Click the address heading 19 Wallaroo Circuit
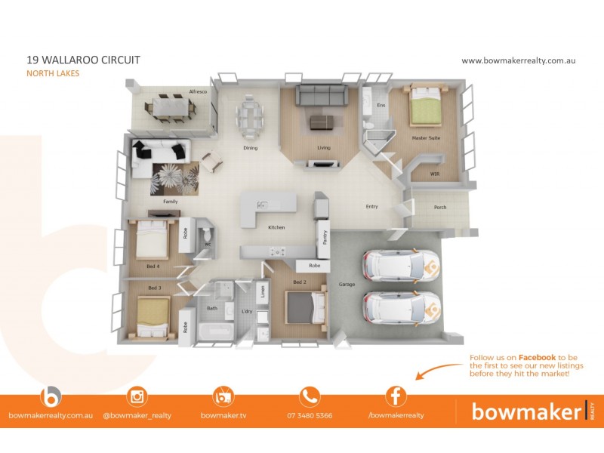click(x=83, y=60)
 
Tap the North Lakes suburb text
click(x=53, y=73)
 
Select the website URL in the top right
click(x=518, y=60)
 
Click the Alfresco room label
click(x=198, y=92)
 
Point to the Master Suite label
click(x=426, y=138)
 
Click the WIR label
click(x=434, y=174)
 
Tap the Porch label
click(x=439, y=208)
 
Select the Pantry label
click(x=325, y=238)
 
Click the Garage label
click(x=347, y=285)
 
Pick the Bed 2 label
click(x=300, y=282)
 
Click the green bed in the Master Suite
click(x=425, y=109)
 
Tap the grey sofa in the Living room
click(x=321, y=95)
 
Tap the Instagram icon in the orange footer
click(x=137, y=396)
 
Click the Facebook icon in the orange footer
click(x=396, y=396)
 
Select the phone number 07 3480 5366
click(x=310, y=415)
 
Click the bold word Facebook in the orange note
click(x=537, y=357)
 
